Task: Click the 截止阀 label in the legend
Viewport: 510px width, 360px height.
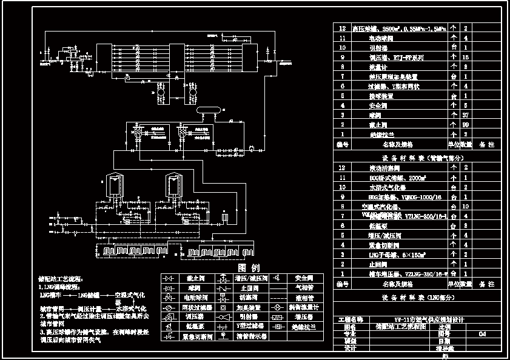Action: (x=192, y=278)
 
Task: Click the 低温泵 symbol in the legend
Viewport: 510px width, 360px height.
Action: (x=168, y=326)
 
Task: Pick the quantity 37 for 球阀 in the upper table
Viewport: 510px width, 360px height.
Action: (x=466, y=115)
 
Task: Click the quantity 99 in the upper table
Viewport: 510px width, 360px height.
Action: (x=466, y=124)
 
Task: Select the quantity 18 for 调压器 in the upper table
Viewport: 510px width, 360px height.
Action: (x=466, y=58)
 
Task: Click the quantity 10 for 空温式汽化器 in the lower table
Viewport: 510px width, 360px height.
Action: (x=466, y=207)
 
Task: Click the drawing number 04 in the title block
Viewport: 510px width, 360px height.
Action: (x=483, y=333)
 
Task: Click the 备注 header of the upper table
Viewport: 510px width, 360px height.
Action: (x=487, y=144)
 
